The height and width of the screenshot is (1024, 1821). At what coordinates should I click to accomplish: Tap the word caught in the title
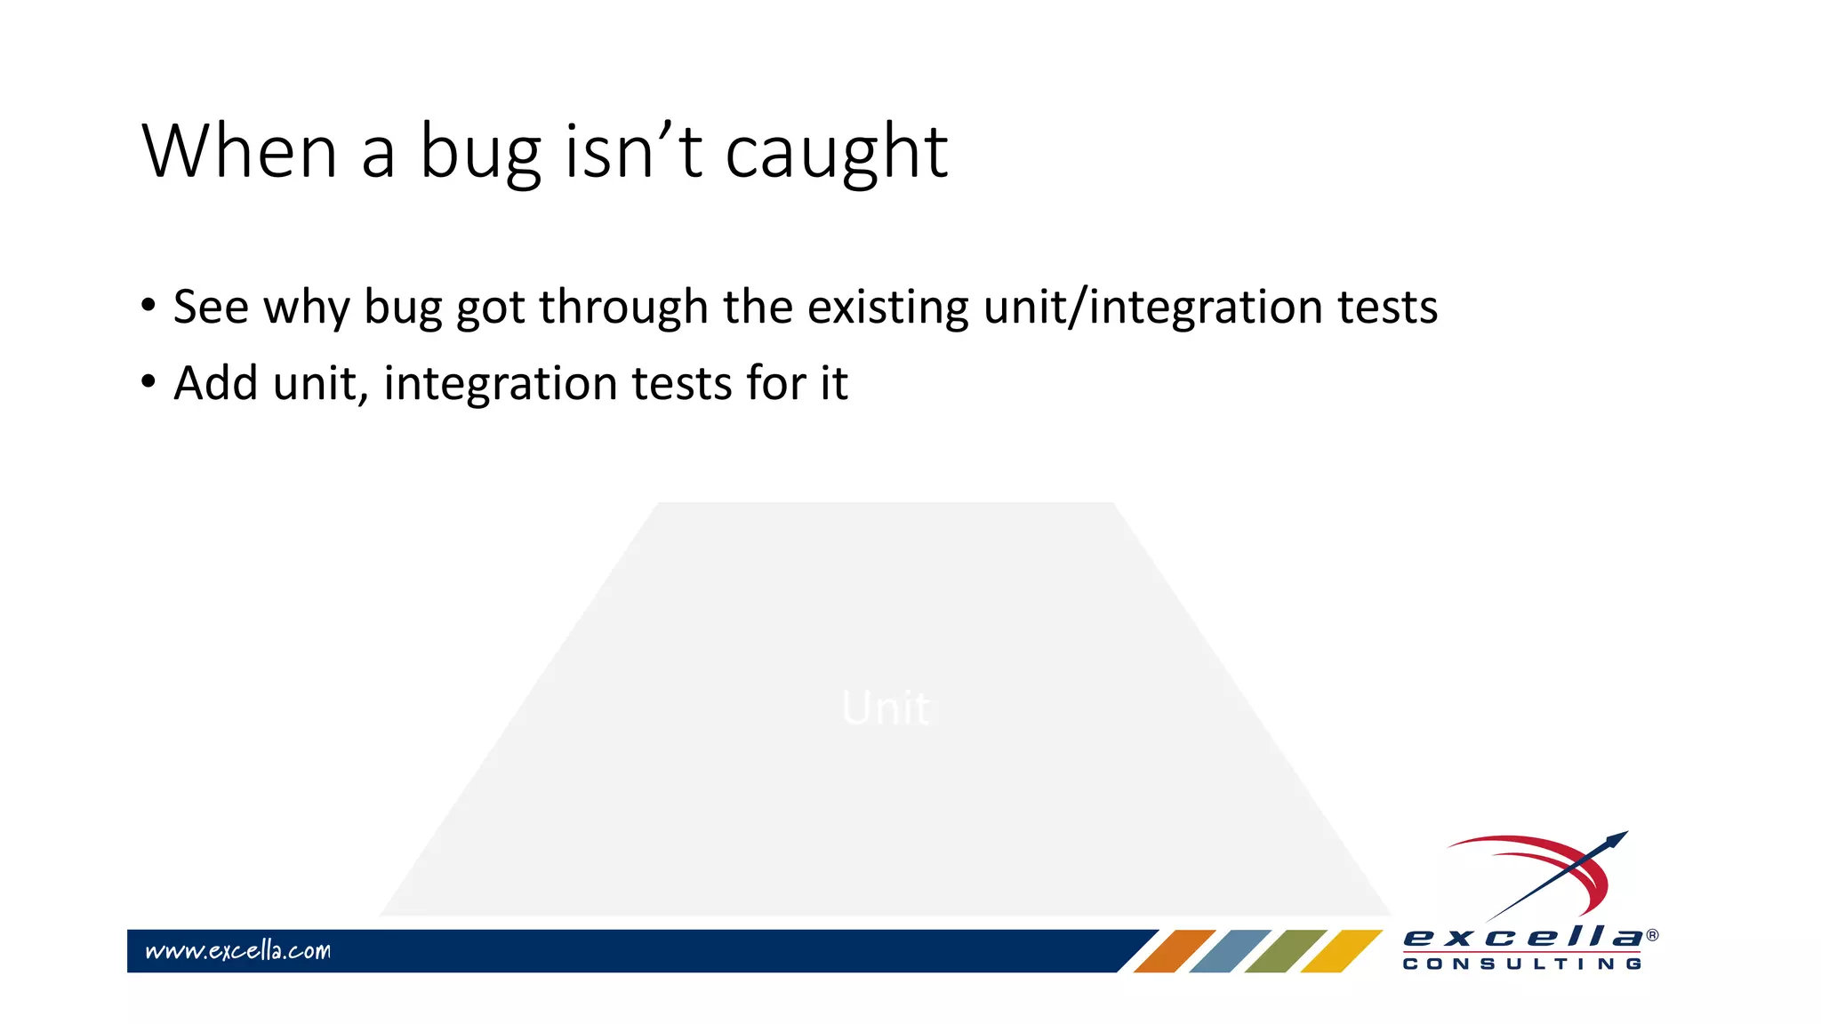pyautogui.click(x=836, y=153)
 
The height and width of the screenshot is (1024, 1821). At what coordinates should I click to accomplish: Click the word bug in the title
pyautogui.click(x=480, y=153)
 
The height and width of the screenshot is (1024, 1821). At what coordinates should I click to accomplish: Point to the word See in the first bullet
pyautogui.click(x=211, y=307)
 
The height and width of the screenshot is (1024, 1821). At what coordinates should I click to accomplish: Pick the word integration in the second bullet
pyautogui.click(x=501, y=383)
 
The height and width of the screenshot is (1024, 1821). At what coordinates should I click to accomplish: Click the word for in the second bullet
pyautogui.click(x=775, y=383)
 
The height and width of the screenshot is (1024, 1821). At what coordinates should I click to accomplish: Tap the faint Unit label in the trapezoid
pyautogui.click(x=886, y=708)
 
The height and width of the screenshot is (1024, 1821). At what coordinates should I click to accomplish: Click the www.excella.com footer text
pyautogui.click(x=237, y=950)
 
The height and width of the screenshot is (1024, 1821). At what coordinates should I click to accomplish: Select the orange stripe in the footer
pyautogui.click(x=1174, y=950)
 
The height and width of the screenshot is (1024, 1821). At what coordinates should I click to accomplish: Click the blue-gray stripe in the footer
pyautogui.click(x=1230, y=950)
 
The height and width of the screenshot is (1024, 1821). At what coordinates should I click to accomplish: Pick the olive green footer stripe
pyautogui.click(x=1285, y=950)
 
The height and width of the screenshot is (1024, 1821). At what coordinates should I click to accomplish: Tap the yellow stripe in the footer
pyautogui.click(x=1341, y=950)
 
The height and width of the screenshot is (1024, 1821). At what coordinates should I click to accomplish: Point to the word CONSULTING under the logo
pyautogui.click(x=1522, y=964)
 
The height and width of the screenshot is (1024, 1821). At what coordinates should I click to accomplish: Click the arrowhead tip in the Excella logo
pyautogui.click(x=1620, y=836)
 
